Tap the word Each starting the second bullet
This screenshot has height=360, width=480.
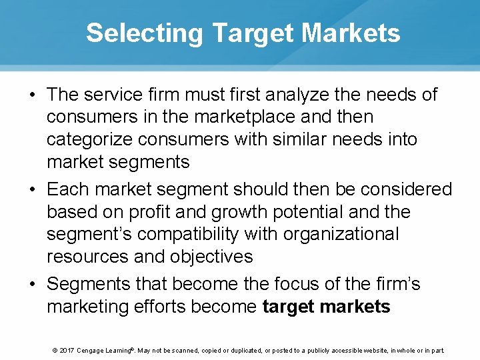(x=68, y=189)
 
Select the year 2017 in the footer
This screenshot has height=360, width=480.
(x=67, y=350)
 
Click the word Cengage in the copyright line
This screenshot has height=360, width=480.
(x=94, y=350)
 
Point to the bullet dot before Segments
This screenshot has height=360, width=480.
(x=32, y=285)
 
